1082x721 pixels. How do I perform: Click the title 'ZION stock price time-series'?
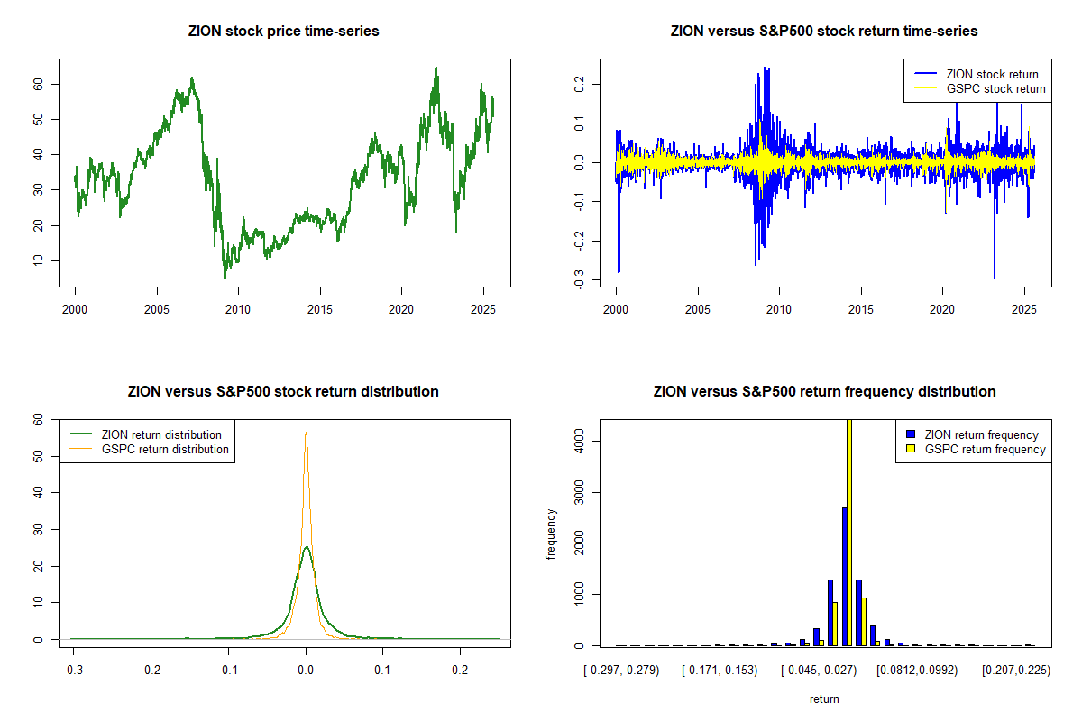(x=284, y=32)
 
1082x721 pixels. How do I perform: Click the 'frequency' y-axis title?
(x=551, y=534)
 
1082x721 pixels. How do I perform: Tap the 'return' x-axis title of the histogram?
(x=824, y=698)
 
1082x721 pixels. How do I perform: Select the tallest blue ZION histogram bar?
(x=844, y=577)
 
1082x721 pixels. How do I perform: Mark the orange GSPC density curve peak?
(x=306, y=434)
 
